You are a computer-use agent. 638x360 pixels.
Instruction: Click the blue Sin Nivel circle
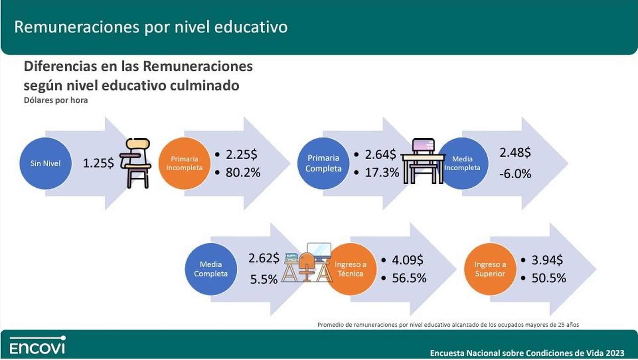[x=45, y=163]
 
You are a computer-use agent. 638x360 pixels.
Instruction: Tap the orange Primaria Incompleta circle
[x=184, y=163]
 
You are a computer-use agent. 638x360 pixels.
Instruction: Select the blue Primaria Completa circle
[x=323, y=163]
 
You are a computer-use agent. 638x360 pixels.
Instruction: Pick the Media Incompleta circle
[x=463, y=163]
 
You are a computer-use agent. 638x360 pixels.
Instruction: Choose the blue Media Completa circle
[x=211, y=269]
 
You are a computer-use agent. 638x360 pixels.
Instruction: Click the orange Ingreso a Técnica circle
[x=350, y=269]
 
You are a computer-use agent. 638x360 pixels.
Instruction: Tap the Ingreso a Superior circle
[x=490, y=269]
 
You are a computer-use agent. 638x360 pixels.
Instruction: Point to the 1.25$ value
[x=98, y=163]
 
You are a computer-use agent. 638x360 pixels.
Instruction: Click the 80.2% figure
[x=243, y=172]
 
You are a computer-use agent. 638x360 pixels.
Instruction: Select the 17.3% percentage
[x=382, y=172]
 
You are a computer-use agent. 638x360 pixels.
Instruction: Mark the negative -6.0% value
[x=515, y=174]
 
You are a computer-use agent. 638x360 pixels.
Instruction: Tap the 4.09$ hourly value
[x=407, y=260]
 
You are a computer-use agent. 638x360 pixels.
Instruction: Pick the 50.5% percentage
[x=549, y=278]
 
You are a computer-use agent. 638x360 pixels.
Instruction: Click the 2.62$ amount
[x=264, y=258]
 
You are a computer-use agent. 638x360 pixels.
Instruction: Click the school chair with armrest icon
[x=135, y=163]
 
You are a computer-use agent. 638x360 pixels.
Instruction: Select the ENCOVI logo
[x=37, y=345]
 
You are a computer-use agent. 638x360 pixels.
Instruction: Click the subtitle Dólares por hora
[x=56, y=100]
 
